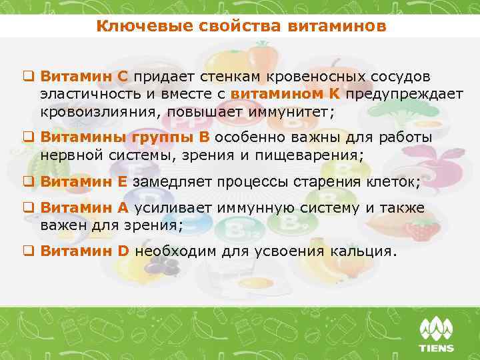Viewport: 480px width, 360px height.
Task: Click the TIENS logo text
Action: (x=436, y=348)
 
